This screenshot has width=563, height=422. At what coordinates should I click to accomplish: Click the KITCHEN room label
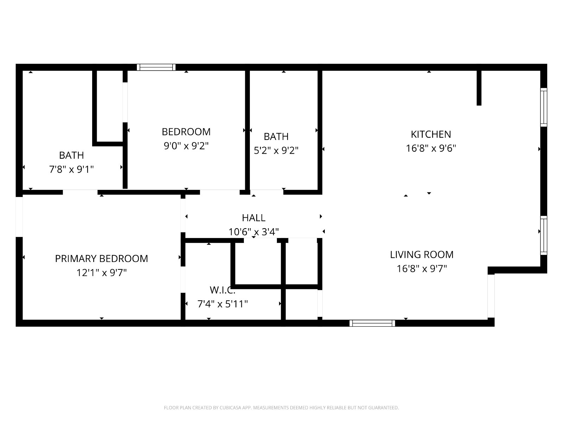[x=431, y=134]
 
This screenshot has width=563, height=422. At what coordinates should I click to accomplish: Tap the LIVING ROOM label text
[x=422, y=255]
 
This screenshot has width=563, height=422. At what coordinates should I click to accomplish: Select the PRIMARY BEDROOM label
[x=102, y=258]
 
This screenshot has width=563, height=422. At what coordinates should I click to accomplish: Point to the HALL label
[x=254, y=218]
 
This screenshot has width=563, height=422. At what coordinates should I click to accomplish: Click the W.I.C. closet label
[x=222, y=290]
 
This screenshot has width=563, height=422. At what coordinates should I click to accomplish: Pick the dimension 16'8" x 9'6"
[x=431, y=148]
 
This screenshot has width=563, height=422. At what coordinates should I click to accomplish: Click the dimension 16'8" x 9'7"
[x=422, y=269]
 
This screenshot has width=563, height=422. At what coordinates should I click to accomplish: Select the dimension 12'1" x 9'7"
[x=102, y=273]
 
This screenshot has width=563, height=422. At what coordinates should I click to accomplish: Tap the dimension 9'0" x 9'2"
[x=186, y=146]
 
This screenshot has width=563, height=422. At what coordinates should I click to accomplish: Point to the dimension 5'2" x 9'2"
[x=276, y=151]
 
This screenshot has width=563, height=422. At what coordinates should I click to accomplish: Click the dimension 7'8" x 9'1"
[x=71, y=170]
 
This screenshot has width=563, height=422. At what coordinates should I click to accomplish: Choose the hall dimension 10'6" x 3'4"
[x=254, y=232]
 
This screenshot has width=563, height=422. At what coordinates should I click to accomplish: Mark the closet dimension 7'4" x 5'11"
[x=222, y=304]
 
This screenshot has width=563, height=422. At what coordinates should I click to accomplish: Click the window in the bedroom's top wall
[x=156, y=67]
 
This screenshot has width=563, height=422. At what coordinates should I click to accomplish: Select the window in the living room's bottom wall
[x=372, y=323]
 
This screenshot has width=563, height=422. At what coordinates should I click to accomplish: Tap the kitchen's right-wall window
[x=544, y=107]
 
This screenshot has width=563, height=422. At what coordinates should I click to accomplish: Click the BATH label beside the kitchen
[x=276, y=136]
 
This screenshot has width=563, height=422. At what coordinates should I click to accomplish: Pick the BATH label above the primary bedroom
[x=71, y=155]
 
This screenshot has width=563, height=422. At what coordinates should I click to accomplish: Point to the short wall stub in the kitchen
[x=479, y=88]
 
